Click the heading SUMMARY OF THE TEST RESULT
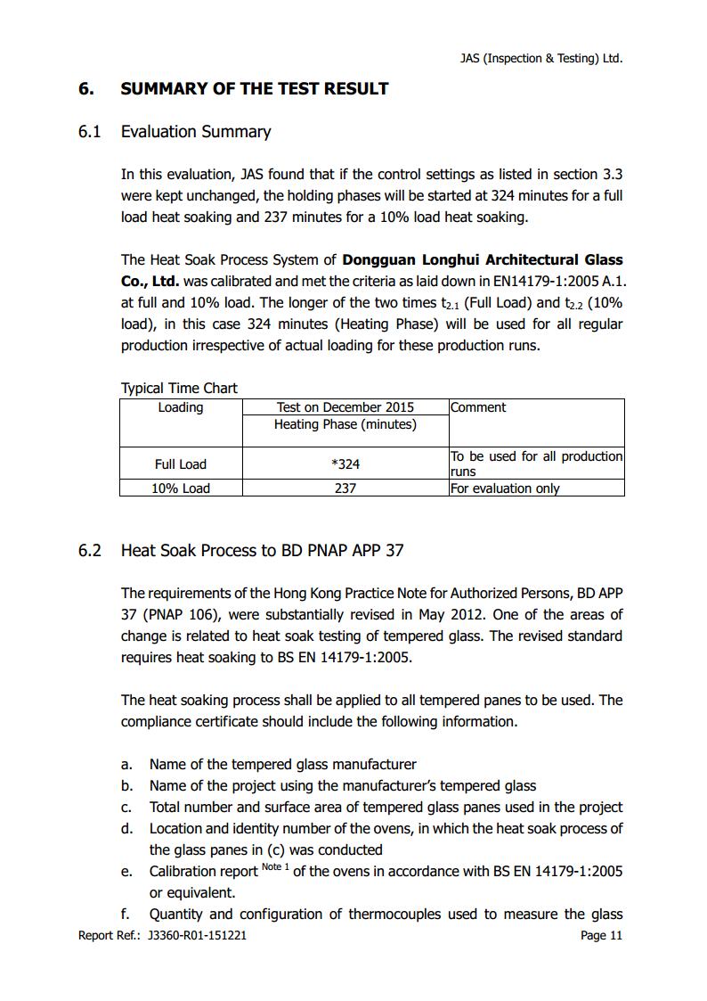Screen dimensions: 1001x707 [254, 88]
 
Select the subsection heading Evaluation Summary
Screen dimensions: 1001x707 [195, 132]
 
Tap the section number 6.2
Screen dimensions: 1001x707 [90, 550]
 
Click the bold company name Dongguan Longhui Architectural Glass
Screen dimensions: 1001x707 [483, 260]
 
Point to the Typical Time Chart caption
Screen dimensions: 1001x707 [179, 388]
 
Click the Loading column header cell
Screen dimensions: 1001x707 [181, 407]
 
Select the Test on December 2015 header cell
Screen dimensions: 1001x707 [345, 407]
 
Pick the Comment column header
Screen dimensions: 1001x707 [478, 407]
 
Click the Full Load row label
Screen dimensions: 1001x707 [181, 464]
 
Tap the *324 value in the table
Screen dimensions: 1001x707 [345, 464]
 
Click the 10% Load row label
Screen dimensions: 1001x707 [181, 488]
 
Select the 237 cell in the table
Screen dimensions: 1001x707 [345, 488]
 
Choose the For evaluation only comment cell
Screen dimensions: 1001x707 [505, 488]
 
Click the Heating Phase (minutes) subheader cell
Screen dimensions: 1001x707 [345, 424]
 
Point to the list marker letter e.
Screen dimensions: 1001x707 [126, 872]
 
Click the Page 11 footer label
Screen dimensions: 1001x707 [601, 935]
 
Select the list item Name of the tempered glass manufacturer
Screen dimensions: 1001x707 [282, 764]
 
